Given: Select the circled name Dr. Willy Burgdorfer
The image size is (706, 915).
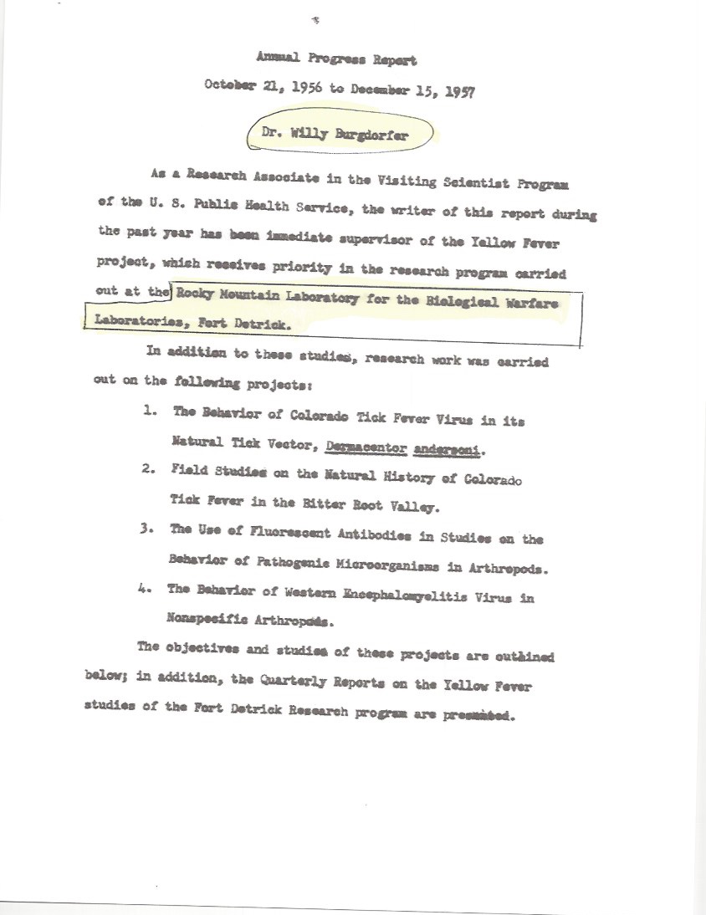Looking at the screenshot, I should (x=340, y=132).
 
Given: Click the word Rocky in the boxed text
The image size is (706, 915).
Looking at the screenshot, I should (x=196, y=293).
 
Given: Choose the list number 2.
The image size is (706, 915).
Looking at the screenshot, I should (x=146, y=469).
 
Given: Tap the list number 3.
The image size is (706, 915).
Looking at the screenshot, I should (x=146, y=528).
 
